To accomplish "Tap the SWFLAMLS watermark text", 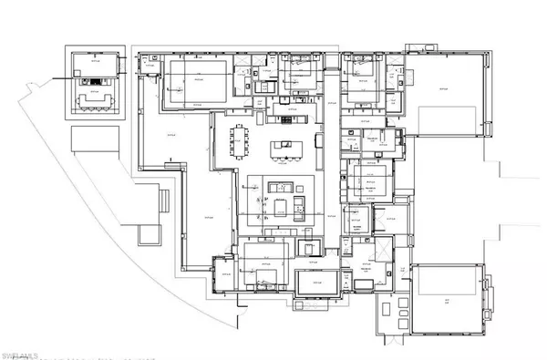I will pyautogui.click(x=26, y=350).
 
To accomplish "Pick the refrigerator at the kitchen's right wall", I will pyautogui.click(x=316, y=144).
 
